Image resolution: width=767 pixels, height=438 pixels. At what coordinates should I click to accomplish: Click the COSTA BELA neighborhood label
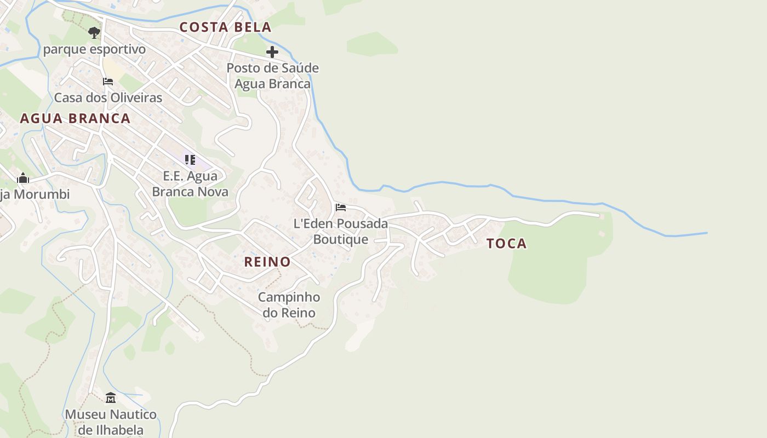225,27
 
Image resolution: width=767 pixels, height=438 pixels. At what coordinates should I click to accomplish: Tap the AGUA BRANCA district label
75,118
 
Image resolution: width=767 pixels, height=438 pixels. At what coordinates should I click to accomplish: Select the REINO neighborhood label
267,262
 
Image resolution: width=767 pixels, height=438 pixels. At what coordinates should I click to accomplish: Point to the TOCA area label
507,244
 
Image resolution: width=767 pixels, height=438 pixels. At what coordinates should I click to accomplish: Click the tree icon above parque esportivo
94,32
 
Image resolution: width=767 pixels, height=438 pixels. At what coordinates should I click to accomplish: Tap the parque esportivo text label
94,49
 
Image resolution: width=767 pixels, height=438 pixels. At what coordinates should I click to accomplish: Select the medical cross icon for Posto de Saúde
272,52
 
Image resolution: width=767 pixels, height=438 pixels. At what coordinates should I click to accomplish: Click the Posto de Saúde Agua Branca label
272,76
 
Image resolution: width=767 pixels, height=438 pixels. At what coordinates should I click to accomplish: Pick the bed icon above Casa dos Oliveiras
108,82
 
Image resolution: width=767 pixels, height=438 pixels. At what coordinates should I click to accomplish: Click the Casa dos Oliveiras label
108,97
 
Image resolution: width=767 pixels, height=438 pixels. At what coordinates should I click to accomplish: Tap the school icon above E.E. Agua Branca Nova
190,160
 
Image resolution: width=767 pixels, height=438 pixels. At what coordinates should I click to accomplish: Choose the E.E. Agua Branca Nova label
190,184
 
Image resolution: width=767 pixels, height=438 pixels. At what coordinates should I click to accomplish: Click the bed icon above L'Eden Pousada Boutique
341,208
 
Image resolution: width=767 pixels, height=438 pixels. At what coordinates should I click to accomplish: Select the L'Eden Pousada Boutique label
341,232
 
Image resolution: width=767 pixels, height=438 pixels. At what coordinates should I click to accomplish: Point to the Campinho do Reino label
289,305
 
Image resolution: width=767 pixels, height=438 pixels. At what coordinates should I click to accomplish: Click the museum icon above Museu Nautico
111,397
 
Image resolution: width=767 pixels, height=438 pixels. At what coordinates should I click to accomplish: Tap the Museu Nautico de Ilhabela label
111,422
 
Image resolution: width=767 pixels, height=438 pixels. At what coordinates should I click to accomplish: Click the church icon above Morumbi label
23,178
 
